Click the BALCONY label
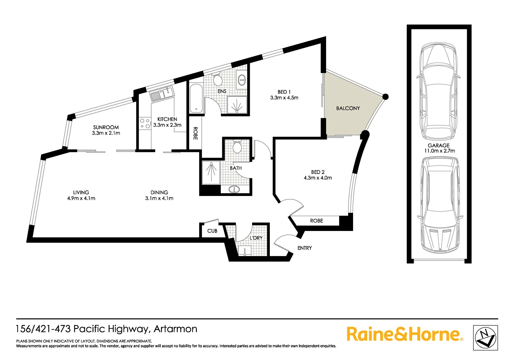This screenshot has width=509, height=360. pos(348,108)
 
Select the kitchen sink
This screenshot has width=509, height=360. pos(162,93)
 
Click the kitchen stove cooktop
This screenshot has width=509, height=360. pos(145,123)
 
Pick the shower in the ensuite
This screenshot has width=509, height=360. pos(237,105)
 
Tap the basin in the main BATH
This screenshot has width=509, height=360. pos(234,190)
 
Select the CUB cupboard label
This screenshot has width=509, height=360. pos(212,231)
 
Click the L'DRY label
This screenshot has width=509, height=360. pos(256,238)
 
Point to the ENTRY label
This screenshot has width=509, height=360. pos(304,248)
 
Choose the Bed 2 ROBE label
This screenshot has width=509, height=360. pos(316,221)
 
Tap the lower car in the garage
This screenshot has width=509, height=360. pos(440,205)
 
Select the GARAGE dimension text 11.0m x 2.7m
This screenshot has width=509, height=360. pos(439,151)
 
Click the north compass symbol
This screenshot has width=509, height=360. pos(485,338)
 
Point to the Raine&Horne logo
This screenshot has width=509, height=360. pos(404,334)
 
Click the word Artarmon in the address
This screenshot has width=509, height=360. pos(176,329)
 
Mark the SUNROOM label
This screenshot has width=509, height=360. pos(106,127)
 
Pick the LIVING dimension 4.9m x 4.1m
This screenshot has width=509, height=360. pos(81,198)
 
